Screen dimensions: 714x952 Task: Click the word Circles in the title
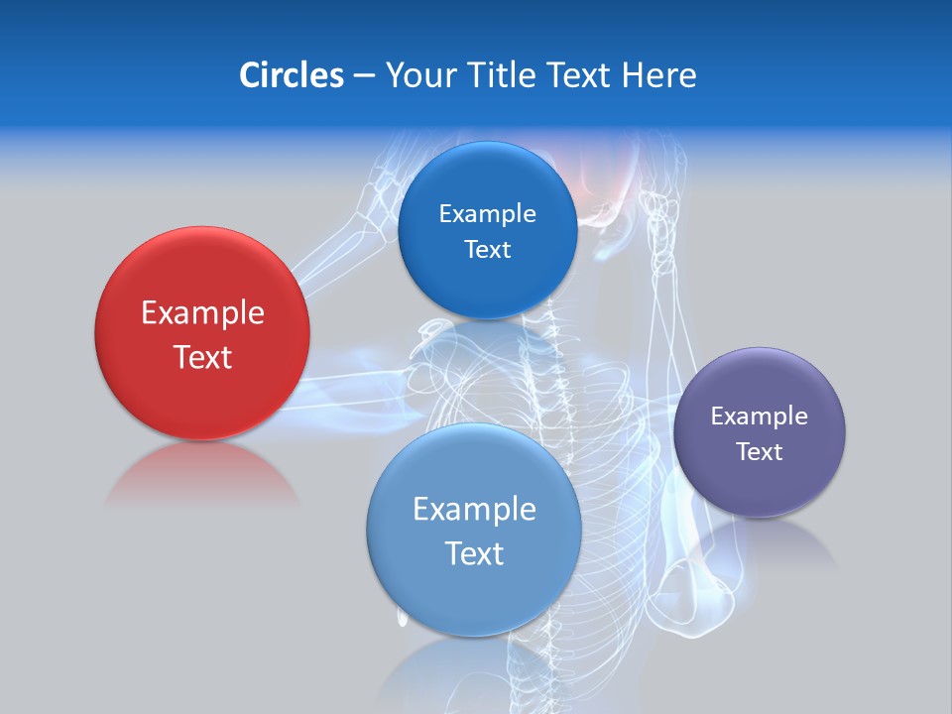291,75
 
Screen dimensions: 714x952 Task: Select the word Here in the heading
658,75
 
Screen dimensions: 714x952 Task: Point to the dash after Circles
364,76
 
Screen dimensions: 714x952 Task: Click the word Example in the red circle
202,313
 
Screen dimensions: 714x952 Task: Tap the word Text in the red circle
202,357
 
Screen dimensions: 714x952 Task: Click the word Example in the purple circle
759,416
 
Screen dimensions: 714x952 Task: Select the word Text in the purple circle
759,452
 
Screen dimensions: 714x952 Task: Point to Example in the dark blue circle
487,214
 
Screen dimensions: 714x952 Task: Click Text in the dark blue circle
487,250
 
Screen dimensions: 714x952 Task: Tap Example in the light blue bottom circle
474,510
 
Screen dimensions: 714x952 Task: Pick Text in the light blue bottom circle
474,553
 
